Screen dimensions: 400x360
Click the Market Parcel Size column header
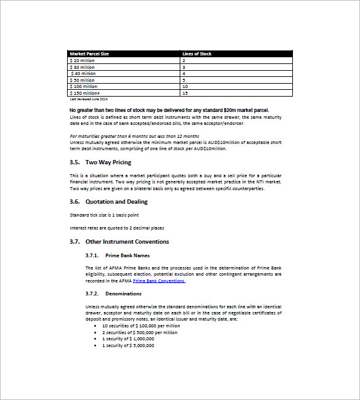(89, 54)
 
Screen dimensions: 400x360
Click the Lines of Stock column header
(197, 54)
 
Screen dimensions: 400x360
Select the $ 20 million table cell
(82, 60)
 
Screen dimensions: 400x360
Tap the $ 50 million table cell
(82, 80)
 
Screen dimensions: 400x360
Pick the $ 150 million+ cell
(84, 93)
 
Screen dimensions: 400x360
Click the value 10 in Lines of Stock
(185, 87)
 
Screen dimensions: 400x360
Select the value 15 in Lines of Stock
(185, 93)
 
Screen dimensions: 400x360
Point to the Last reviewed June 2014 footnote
(89, 98)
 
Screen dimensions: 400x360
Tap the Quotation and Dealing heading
(116, 201)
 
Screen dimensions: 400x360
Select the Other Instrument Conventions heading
(127, 242)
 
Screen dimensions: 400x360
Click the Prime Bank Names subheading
(127, 255)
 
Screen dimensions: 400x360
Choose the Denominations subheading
(123, 294)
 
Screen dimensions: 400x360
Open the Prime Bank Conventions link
(159, 281)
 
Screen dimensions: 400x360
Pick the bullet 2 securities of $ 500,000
(140, 332)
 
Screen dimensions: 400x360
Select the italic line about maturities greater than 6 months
(134, 136)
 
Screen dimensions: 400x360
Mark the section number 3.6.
(75, 201)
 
